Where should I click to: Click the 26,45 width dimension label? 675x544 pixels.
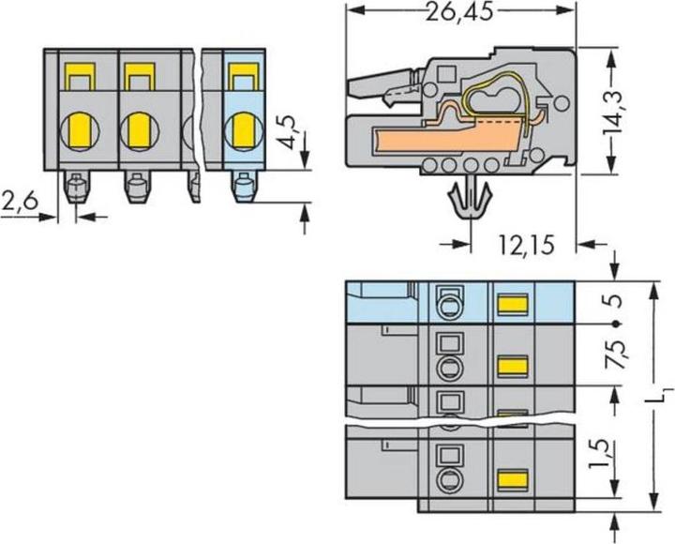coord(459,13)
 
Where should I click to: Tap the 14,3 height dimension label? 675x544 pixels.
coord(613,112)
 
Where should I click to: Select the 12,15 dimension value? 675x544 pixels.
coord(527,245)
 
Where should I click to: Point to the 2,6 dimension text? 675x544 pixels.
coord(20,201)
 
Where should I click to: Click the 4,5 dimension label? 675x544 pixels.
coord(290,132)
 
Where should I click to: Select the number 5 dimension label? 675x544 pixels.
coord(616,301)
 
